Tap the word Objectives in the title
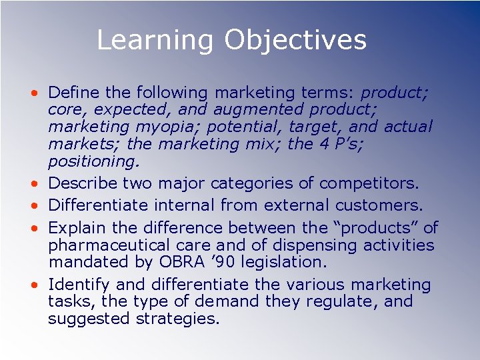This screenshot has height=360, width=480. [295, 40]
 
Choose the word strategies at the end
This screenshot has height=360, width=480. [177, 319]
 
